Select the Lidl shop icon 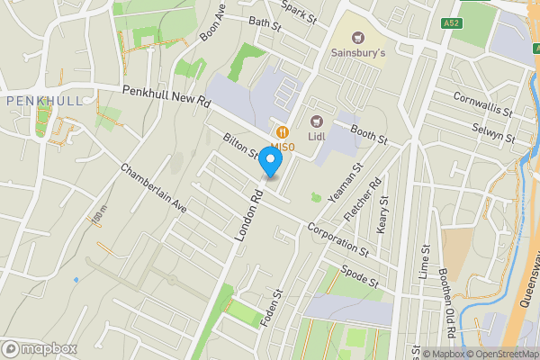pos(316,121)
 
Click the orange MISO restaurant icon pos(282,130)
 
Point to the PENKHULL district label pos(44,101)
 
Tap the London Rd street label pos(248,213)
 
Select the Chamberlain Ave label pos(153,188)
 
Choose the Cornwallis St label pos(482,107)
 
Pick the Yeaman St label pos(346,183)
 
